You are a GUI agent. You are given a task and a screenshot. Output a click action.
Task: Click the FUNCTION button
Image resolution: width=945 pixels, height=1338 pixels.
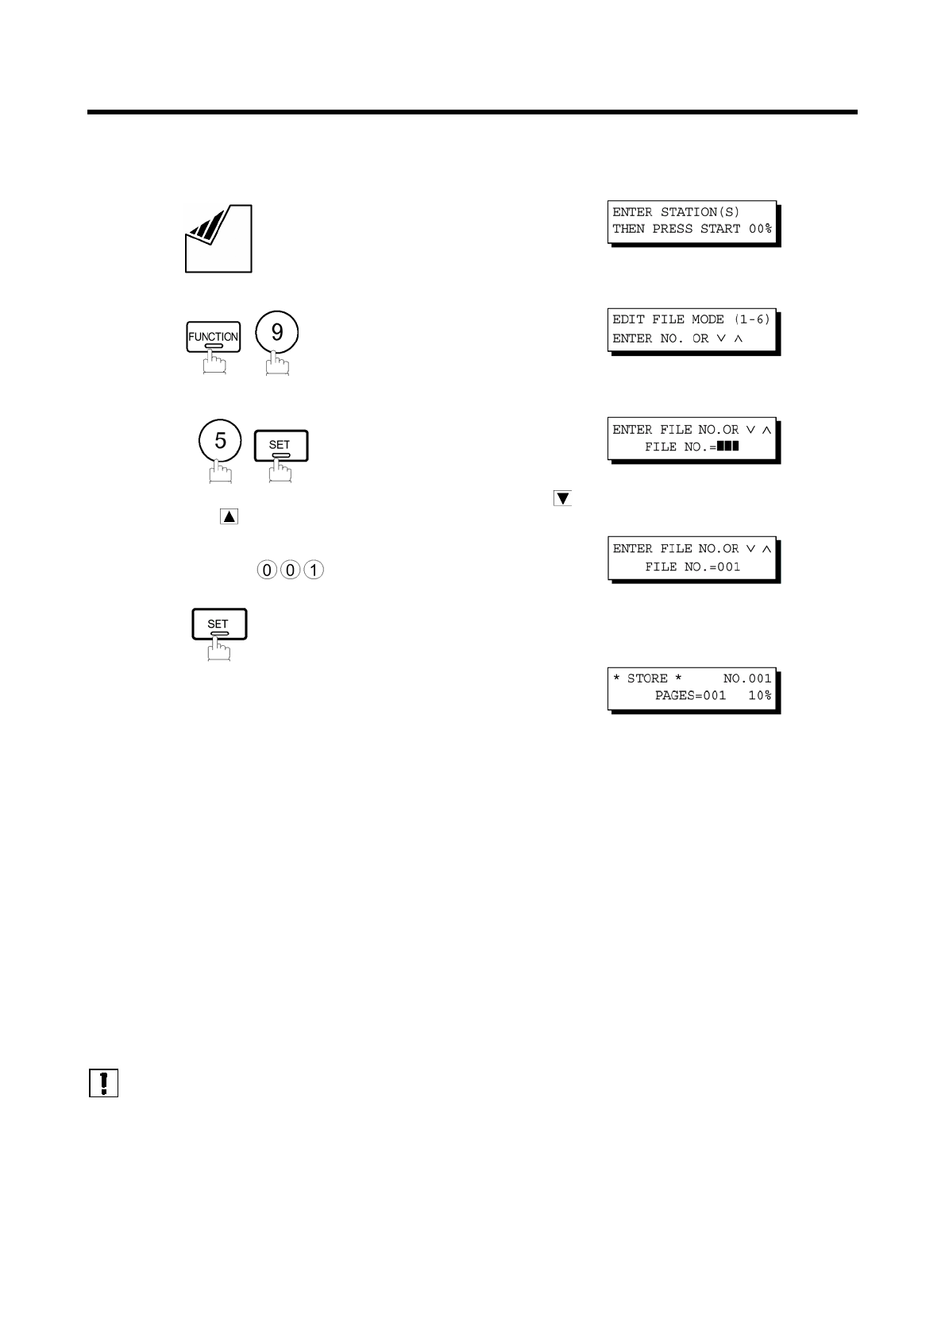point(213,337)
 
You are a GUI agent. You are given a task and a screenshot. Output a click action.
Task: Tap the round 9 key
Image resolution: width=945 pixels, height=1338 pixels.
point(277,332)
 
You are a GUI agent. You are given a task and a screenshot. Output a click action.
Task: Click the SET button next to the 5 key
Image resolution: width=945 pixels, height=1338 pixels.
point(280,446)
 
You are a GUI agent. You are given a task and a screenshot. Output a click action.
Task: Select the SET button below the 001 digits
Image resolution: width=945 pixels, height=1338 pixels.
point(219,625)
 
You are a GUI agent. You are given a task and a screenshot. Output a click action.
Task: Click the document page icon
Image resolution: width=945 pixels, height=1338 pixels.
point(218,238)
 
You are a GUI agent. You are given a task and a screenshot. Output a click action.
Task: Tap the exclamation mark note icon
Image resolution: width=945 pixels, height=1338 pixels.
point(103,1083)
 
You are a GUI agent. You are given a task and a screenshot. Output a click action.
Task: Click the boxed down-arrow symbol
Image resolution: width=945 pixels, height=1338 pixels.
point(562,499)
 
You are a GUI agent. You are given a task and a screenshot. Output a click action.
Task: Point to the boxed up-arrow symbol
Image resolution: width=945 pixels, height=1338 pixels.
point(229,516)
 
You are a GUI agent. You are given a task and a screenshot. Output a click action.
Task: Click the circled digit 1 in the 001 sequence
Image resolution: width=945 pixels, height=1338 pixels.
point(314,570)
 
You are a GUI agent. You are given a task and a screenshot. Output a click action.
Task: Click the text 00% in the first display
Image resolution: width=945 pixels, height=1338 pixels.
point(760,229)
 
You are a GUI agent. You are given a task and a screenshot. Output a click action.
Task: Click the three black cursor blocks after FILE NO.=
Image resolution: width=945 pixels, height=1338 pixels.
point(727,447)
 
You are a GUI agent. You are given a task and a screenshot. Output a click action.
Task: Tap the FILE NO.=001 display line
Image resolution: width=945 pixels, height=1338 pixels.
point(692,567)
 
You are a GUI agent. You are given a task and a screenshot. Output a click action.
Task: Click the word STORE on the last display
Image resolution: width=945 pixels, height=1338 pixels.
point(647,679)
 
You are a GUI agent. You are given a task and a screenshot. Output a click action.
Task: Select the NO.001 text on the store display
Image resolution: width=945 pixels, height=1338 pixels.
point(746,679)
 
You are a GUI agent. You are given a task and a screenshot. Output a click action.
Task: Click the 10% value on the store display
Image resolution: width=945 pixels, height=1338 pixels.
point(759,695)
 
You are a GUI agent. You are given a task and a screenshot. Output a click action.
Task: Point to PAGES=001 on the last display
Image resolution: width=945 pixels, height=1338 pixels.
point(690,695)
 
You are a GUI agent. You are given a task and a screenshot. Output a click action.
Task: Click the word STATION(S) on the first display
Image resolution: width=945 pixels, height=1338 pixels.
point(700,212)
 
